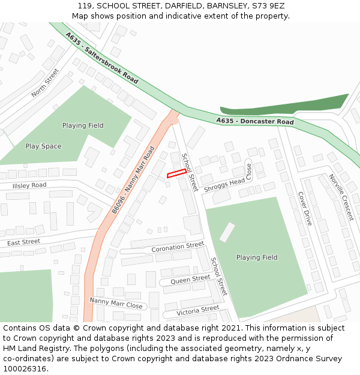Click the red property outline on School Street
point(175,173)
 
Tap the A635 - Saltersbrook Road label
point(102,58)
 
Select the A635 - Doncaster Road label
point(255,122)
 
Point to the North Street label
point(46,83)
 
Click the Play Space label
point(43,146)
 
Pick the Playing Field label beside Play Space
point(83,125)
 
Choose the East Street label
point(23,242)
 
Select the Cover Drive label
point(305,209)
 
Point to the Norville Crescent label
point(341,197)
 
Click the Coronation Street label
point(178,247)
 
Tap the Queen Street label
point(191,278)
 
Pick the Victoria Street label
point(198,310)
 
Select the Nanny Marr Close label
point(116,303)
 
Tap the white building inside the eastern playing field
point(227,232)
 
